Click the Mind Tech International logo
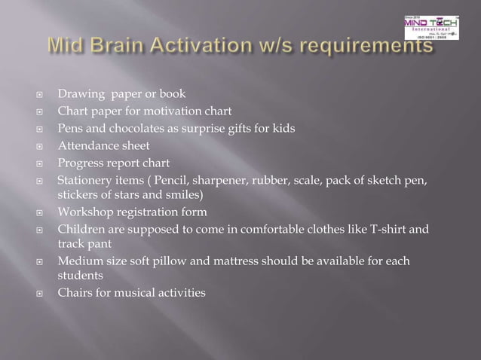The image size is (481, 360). pos(430,26)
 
